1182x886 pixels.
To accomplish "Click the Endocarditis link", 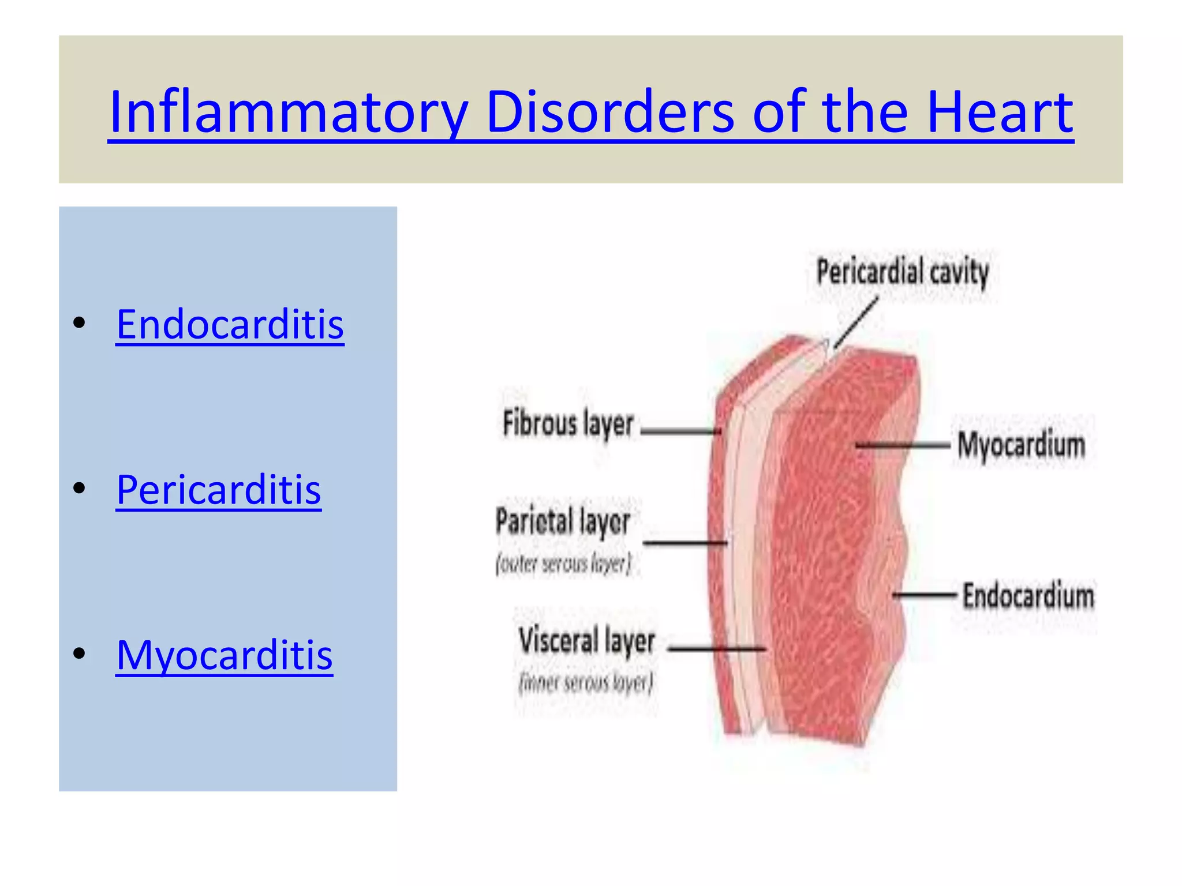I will (230, 324).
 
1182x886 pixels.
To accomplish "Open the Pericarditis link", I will (218, 490).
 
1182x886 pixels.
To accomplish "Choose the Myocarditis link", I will (224, 655).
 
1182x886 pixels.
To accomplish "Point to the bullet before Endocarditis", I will (80, 323).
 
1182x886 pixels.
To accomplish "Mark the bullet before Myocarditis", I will (80, 654).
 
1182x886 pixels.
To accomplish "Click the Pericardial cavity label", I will (902, 272).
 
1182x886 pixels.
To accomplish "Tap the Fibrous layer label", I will (568, 424).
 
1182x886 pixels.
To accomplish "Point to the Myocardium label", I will (1021, 445).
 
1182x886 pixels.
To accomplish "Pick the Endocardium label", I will (1028, 596).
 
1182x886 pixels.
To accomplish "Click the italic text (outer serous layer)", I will (563, 564).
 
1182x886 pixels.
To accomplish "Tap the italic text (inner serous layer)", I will (585, 683).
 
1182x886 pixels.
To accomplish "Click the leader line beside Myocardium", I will (903, 445).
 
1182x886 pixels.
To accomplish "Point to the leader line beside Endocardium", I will (925, 594).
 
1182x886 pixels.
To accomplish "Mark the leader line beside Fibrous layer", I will (680, 430).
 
